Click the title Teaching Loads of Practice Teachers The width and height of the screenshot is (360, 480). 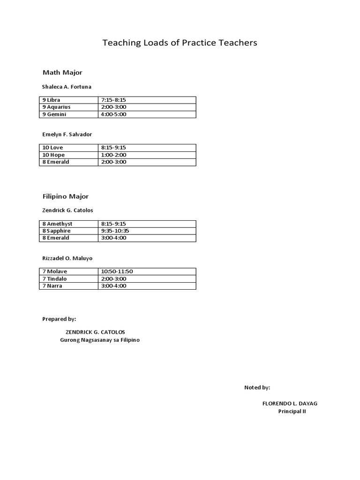coord(180,43)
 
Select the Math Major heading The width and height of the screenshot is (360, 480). coord(62,72)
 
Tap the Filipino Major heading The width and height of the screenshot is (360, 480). coord(66,196)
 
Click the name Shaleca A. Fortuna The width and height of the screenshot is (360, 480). coord(67,87)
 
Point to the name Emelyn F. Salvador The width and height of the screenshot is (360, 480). coord(67,135)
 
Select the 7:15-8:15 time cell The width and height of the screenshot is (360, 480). coord(113,100)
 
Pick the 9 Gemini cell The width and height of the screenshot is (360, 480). coord(54,114)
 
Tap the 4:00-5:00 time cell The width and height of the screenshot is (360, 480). coord(113,114)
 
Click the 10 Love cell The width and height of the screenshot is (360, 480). coord(52,148)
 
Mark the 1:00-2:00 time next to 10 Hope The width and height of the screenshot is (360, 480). coord(113,155)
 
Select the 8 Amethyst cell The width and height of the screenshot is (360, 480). coord(57,224)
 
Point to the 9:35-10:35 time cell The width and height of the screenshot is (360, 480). coord(115,231)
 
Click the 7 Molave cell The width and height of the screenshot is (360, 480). coord(54,271)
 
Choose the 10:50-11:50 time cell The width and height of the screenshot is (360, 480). coord(117,271)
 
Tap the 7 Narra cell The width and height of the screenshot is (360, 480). coord(52,285)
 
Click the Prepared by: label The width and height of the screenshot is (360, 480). coord(59,319)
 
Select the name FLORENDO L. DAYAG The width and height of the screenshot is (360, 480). coord(292,404)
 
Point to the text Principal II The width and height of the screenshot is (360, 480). coord(292,411)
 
